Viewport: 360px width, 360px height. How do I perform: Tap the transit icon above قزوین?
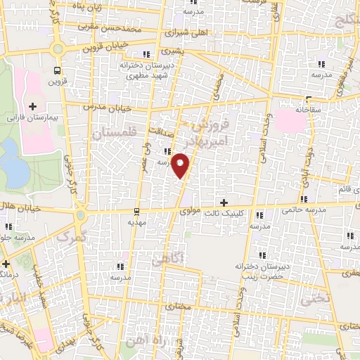(x=57, y=70)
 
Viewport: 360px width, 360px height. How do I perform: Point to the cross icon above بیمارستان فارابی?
(x=32, y=105)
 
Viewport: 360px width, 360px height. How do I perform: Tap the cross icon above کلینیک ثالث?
(x=224, y=202)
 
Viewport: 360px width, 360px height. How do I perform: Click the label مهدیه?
(x=137, y=221)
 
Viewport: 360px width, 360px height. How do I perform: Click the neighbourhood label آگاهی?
(x=167, y=259)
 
